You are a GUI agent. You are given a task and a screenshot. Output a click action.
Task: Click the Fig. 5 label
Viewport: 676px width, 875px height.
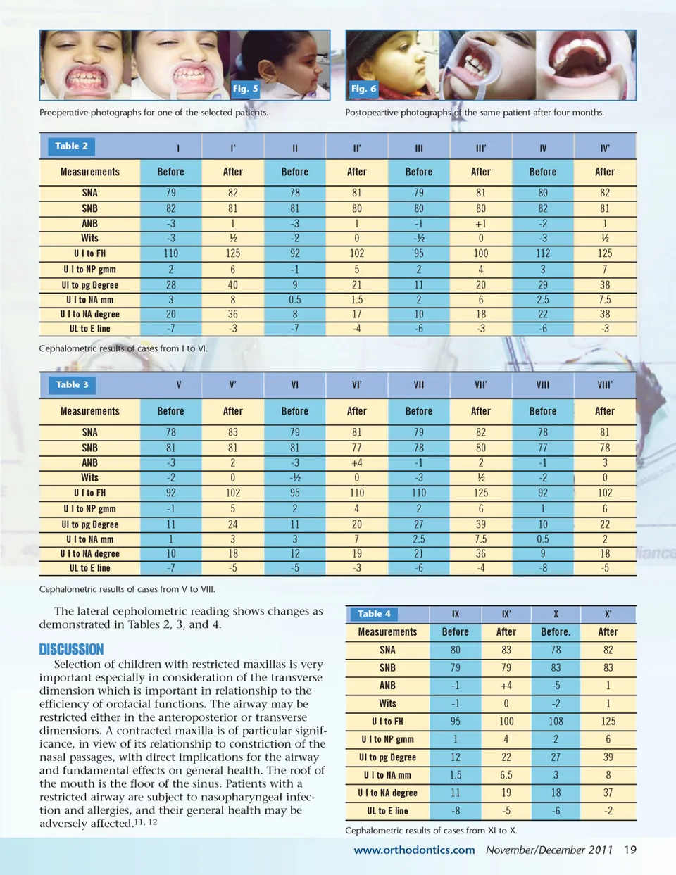point(246,89)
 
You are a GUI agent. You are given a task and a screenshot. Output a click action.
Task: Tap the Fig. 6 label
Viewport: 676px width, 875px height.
point(364,89)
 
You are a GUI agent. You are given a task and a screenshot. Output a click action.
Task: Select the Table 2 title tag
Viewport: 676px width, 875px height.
point(72,146)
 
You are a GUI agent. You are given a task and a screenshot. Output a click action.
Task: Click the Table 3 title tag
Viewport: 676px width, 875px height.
point(72,384)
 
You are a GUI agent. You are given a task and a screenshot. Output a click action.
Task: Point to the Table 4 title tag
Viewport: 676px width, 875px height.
point(374,614)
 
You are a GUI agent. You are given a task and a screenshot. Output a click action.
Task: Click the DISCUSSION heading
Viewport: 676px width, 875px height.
point(71,649)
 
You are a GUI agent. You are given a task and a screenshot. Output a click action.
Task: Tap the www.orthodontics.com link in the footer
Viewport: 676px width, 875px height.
point(414,850)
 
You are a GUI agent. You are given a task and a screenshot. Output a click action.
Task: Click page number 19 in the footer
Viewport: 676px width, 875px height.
point(630,850)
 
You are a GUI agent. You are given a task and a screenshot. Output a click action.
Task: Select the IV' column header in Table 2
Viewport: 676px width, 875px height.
point(605,149)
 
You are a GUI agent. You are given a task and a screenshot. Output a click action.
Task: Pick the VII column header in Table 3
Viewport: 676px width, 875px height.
point(419,385)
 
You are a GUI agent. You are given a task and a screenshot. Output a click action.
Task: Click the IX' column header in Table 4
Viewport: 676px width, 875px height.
point(506,614)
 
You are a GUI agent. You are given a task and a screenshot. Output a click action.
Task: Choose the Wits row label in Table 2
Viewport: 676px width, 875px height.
point(89,239)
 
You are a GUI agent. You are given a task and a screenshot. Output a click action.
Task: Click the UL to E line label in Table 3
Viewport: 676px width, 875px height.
point(89,568)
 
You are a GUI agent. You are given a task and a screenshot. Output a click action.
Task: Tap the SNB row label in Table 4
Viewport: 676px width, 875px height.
point(387,667)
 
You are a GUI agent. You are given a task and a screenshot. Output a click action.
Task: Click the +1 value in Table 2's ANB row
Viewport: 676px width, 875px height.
point(481,224)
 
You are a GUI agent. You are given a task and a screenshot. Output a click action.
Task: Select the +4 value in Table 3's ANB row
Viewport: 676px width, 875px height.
point(357,463)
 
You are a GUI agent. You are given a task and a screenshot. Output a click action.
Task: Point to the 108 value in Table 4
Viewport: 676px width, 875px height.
point(556,722)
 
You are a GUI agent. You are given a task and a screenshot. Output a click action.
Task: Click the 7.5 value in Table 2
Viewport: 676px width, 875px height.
point(605,300)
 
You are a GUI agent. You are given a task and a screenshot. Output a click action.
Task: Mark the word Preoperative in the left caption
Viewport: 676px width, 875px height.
point(65,113)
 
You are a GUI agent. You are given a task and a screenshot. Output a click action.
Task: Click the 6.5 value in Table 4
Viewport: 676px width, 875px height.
point(506,775)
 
